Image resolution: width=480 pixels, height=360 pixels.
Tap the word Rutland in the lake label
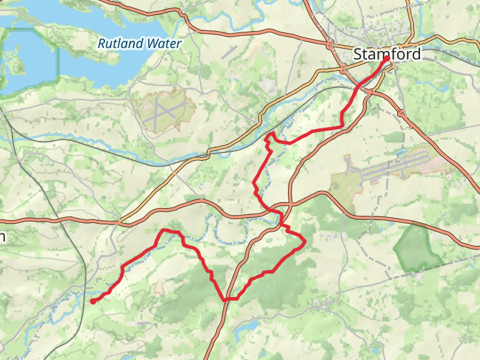(118, 44)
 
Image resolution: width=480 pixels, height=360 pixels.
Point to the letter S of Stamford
(359, 54)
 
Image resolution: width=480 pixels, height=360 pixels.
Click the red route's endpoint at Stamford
(386, 58)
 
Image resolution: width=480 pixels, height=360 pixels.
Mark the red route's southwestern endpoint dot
(93, 302)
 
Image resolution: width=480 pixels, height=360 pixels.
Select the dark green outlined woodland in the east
(418, 247)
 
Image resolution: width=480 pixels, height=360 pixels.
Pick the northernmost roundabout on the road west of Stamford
(329, 43)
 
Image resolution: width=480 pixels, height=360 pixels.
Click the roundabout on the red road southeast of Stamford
(401, 112)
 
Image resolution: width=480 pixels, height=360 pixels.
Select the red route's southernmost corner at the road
(226, 299)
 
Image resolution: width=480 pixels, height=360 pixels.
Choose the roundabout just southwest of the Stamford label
(344, 70)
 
